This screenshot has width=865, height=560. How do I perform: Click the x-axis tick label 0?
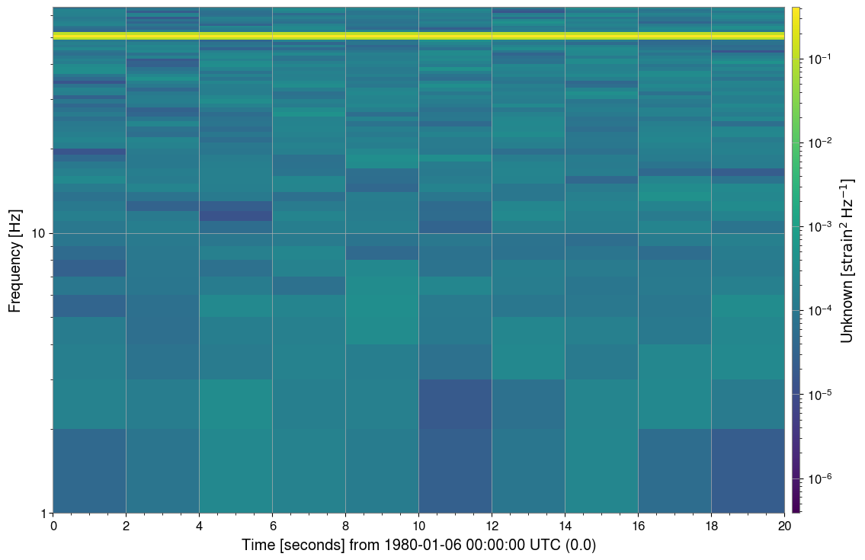point(53,525)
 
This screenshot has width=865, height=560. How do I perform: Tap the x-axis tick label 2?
point(126,525)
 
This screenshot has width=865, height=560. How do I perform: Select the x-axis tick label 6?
point(272,525)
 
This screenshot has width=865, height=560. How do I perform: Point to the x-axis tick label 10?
point(418,525)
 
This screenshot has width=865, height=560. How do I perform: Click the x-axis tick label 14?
point(565,525)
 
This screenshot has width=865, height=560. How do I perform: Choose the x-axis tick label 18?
point(711,525)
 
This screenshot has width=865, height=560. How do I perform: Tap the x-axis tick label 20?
point(784,525)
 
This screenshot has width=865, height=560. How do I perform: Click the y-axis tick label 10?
point(38,233)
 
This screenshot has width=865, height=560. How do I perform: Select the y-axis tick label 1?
point(42,513)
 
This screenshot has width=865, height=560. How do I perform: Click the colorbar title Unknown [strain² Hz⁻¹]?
point(846,260)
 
